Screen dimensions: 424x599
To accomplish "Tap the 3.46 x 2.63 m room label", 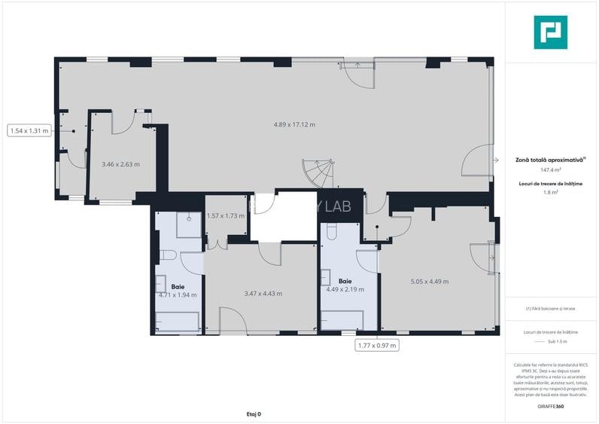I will [120, 164].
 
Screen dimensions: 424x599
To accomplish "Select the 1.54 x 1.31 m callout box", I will [29, 130].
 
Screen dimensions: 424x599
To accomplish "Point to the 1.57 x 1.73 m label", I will [226, 216].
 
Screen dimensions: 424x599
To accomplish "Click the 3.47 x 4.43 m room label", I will [263, 294].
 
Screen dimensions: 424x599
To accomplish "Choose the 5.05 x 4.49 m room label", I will [429, 282].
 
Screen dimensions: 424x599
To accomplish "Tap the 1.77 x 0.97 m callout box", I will [376, 346].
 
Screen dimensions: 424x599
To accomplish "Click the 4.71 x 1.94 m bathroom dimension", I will [178, 295].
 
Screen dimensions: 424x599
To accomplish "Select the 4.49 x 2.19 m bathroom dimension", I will [345, 289].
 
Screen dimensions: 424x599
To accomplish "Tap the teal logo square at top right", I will [550, 32].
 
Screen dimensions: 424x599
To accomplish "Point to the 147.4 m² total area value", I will [550, 170].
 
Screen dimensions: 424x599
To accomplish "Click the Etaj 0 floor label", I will [254, 414].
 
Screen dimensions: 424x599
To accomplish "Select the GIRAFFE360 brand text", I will [550, 407].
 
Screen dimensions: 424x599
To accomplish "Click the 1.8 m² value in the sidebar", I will [550, 193].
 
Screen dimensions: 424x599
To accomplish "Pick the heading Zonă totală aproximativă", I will [550, 160].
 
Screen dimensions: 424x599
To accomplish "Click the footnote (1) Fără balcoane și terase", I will [550, 309].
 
